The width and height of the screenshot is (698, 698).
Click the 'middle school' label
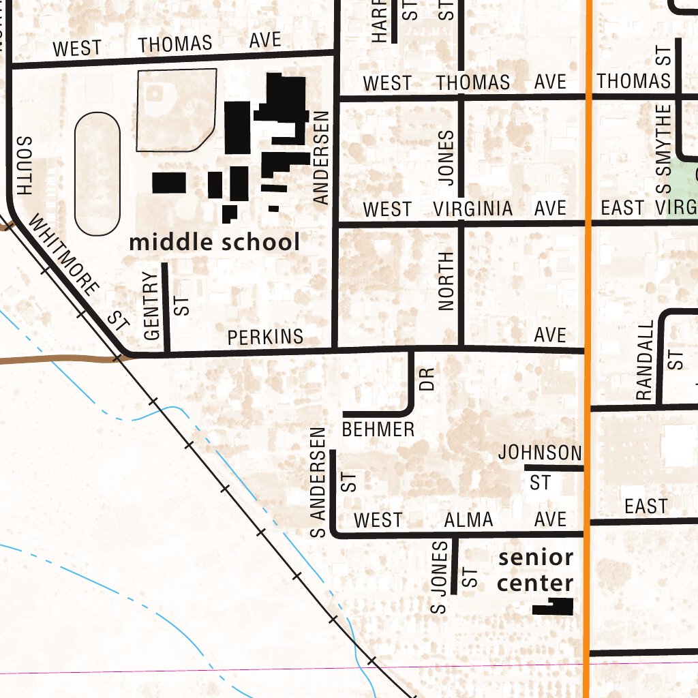(214, 242)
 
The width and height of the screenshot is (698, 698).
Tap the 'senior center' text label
(535, 570)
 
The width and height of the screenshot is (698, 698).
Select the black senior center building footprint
(553, 607)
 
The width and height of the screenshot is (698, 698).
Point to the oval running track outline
(97, 174)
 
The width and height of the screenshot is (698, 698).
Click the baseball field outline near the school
(176, 109)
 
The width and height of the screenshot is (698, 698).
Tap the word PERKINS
(265, 337)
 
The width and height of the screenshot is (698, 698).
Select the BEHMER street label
(378, 429)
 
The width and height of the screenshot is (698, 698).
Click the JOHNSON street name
(540, 453)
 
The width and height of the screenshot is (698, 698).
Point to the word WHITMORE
(65, 257)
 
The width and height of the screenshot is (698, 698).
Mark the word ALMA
(468, 520)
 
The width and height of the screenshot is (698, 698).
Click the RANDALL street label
(644, 361)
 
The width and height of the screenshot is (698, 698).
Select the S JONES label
(440, 576)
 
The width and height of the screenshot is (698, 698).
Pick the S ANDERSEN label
(318, 483)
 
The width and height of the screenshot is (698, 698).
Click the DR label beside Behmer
(427, 380)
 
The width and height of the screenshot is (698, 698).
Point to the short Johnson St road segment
(553, 468)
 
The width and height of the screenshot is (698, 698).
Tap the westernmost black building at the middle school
(168, 183)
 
